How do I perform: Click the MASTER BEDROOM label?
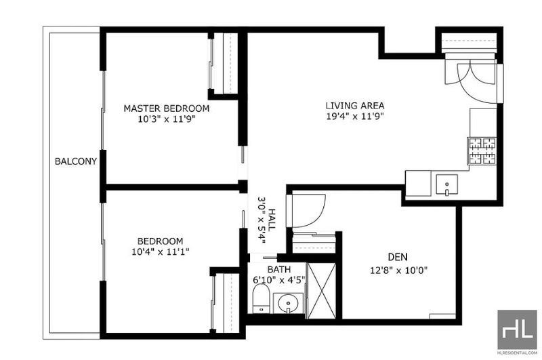click(166, 108)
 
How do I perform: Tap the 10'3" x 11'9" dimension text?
click(166, 119)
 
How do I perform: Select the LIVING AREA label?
click(355, 106)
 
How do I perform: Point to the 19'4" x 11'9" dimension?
click(355, 116)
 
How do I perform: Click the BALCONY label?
click(76, 161)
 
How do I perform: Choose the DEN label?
click(398, 257)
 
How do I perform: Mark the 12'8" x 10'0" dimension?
click(398, 270)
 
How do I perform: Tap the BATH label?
click(279, 269)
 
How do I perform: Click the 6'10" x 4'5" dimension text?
click(279, 279)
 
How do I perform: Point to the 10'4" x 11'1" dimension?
click(160, 252)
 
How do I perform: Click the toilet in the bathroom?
click(261, 299)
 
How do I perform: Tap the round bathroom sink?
click(288, 304)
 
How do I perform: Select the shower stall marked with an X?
click(321, 290)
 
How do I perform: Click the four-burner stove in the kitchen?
click(482, 151)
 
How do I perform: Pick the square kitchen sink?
click(446, 184)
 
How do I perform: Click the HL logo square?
click(517, 329)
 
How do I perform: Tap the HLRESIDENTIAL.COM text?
click(518, 353)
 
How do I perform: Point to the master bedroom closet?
click(224, 63)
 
